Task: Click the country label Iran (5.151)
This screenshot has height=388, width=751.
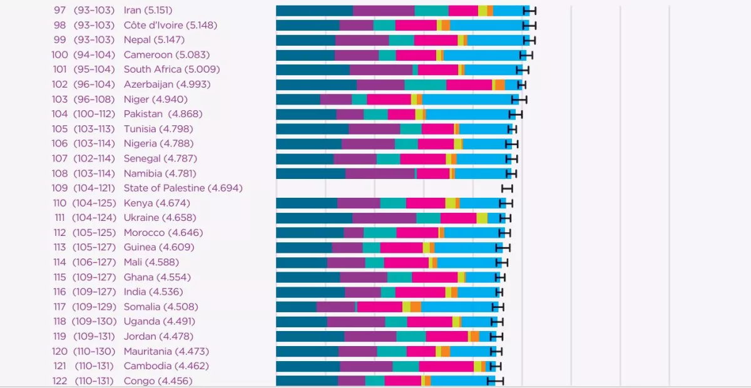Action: pyautogui.click(x=148, y=10)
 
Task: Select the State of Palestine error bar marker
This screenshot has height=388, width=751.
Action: pyautogui.click(x=507, y=188)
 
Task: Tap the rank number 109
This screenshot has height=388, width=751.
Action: pyautogui.click(x=59, y=188)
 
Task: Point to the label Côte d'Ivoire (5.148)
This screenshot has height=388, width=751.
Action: pyautogui.click(x=170, y=25)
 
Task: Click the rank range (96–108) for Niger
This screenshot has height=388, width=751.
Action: pyautogui.click(x=93, y=100)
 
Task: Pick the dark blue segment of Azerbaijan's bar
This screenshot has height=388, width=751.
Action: pyautogui.click(x=316, y=84)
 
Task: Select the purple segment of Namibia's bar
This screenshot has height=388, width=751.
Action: pyautogui.click(x=380, y=173)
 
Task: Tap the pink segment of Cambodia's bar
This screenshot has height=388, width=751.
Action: pyautogui.click(x=446, y=366)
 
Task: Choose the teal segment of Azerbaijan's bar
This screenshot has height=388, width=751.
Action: pyautogui.click(x=425, y=84)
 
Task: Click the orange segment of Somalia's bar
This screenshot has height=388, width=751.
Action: pyautogui.click(x=416, y=307)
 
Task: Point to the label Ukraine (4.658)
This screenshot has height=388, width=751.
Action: pyautogui.click(x=160, y=218)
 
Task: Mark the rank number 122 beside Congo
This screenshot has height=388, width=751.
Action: pyautogui.click(x=59, y=381)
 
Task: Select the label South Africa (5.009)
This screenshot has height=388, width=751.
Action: pyautogui.click(x=171, y=69)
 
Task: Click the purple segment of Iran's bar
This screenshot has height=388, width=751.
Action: pyautogui.click(x=384, y=10)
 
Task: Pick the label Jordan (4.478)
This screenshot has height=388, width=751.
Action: pyautogui.click(x=158, y=337)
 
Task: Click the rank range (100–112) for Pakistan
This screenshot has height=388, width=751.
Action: pyautogui.click(x=94, y=114)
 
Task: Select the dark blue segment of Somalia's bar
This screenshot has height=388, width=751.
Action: pyautogui.click(x=296, y=307)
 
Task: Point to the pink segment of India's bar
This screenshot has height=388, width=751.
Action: pyautogui.click(x=420, y=292)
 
